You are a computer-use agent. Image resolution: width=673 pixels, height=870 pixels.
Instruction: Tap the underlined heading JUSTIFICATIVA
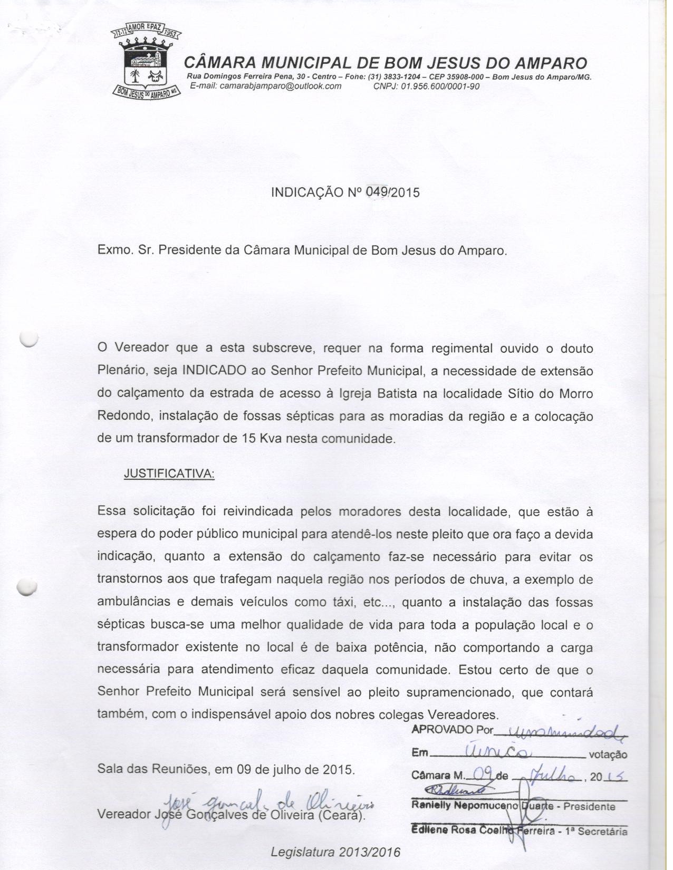click(x=169, y=474)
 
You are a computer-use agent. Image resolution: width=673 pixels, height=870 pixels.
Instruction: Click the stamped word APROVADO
click(x=441, y=730)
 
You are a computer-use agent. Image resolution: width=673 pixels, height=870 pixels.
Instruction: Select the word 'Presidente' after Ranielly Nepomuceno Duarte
click(x=589, y=807)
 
